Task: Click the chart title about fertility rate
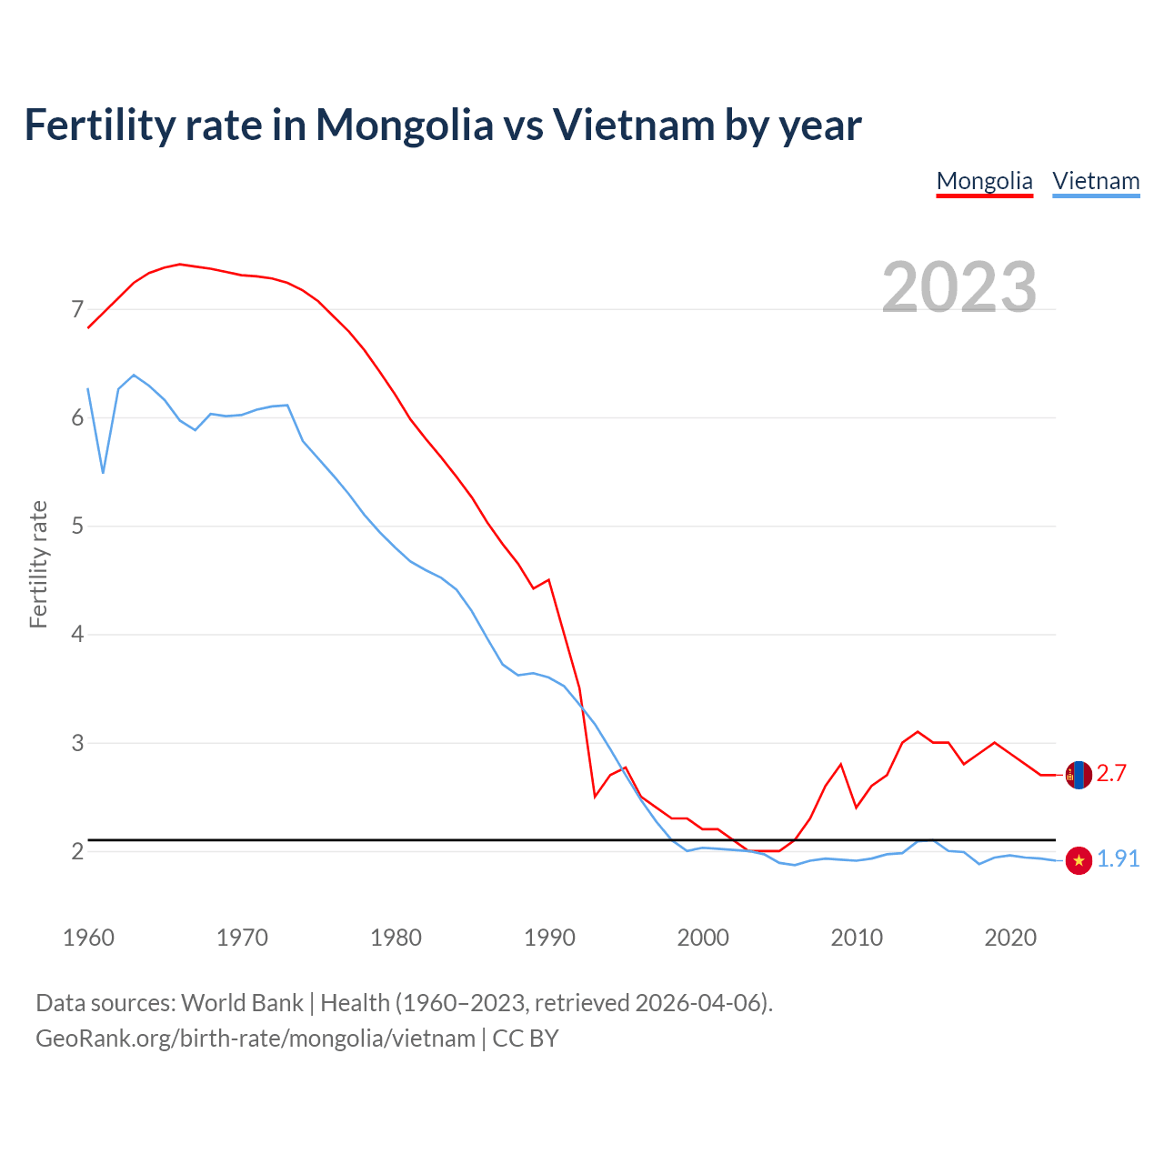[442, 125]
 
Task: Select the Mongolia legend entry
[984, 181]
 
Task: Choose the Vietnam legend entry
[1096, 181]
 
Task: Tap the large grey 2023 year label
[958, 287]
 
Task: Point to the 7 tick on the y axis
[77, 309]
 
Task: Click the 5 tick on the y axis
[77, 526]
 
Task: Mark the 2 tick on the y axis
[77, 851]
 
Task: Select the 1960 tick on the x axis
[88, 938]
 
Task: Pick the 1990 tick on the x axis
[549, 938]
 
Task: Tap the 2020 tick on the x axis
[1010, 938]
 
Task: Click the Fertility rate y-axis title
[38, 564]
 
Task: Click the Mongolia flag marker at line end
[1079, 775]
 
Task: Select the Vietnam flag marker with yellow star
[1079, 860]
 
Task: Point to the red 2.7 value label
[1111, 774]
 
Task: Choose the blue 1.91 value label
[1118, 859]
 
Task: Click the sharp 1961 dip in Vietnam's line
[103, 473]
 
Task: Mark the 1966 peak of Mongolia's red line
[180, 264]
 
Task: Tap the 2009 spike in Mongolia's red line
[841, 764]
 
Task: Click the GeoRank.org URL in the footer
[255, 1039]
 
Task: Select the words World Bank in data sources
[242, 1003]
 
